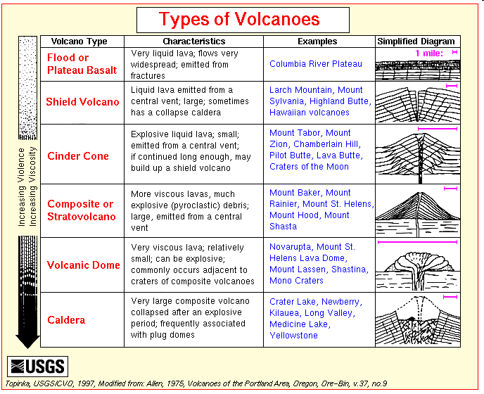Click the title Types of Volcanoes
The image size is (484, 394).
[239, 19]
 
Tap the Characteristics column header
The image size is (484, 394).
[194, 42]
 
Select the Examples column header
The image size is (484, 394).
[317, 42]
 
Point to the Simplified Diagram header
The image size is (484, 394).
[416, 42]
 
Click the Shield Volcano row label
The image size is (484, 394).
[82, 102]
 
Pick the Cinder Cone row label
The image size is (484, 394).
[78, 156]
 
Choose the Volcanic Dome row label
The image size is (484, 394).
[83, 265]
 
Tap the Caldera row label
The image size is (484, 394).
[66, 320]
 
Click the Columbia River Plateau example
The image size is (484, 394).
[315, 64]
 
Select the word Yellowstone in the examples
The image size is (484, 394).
[293, 336]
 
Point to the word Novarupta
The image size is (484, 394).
[291, 247]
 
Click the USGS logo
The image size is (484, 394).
[38, 367]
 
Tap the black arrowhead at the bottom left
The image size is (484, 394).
[27, 341]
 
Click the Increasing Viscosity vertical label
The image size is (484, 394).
[32, 186]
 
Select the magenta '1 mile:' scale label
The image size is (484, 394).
[429, 53]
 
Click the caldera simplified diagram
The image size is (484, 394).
[418, 320]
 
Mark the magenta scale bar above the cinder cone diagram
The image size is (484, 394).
[438, 129]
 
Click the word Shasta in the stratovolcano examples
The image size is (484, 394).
[283, 227]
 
